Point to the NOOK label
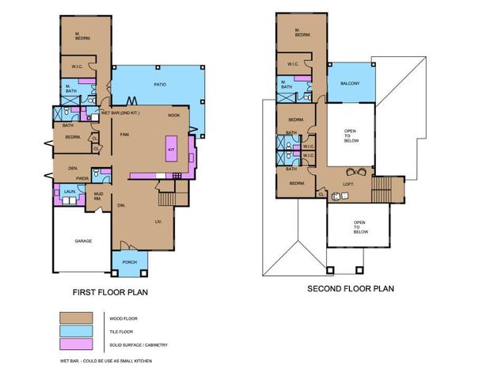coord(174,116)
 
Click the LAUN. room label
coord(69,192)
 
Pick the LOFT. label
coord(348,184)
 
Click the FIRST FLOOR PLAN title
coord(111,292)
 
